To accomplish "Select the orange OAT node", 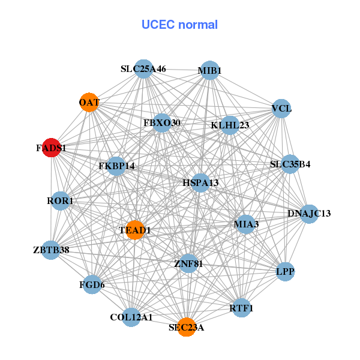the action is tap(89, 103).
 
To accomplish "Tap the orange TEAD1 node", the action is tap(136, 230).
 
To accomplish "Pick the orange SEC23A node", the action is tap(187, 327).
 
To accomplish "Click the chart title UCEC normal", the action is tap(179, 25).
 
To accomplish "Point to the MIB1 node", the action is tap(209, 70).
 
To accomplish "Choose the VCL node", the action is tap(281, 109).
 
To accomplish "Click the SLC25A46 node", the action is tap(143, 69).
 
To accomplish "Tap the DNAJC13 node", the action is tap(308, 214).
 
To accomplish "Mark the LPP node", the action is tap(285, 272).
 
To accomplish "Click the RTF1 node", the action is tap(241, 308).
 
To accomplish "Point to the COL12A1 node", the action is tap(131, 317).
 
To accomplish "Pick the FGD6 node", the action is tap(92, 284).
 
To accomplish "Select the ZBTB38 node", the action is tap(51, 250).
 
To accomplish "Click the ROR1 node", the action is tap(60, 201).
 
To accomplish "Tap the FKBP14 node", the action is tap(116, 166).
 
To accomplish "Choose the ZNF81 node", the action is tap(188, 263).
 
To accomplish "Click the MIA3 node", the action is tap(246, 224).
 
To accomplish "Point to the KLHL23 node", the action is tap(230, 125).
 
